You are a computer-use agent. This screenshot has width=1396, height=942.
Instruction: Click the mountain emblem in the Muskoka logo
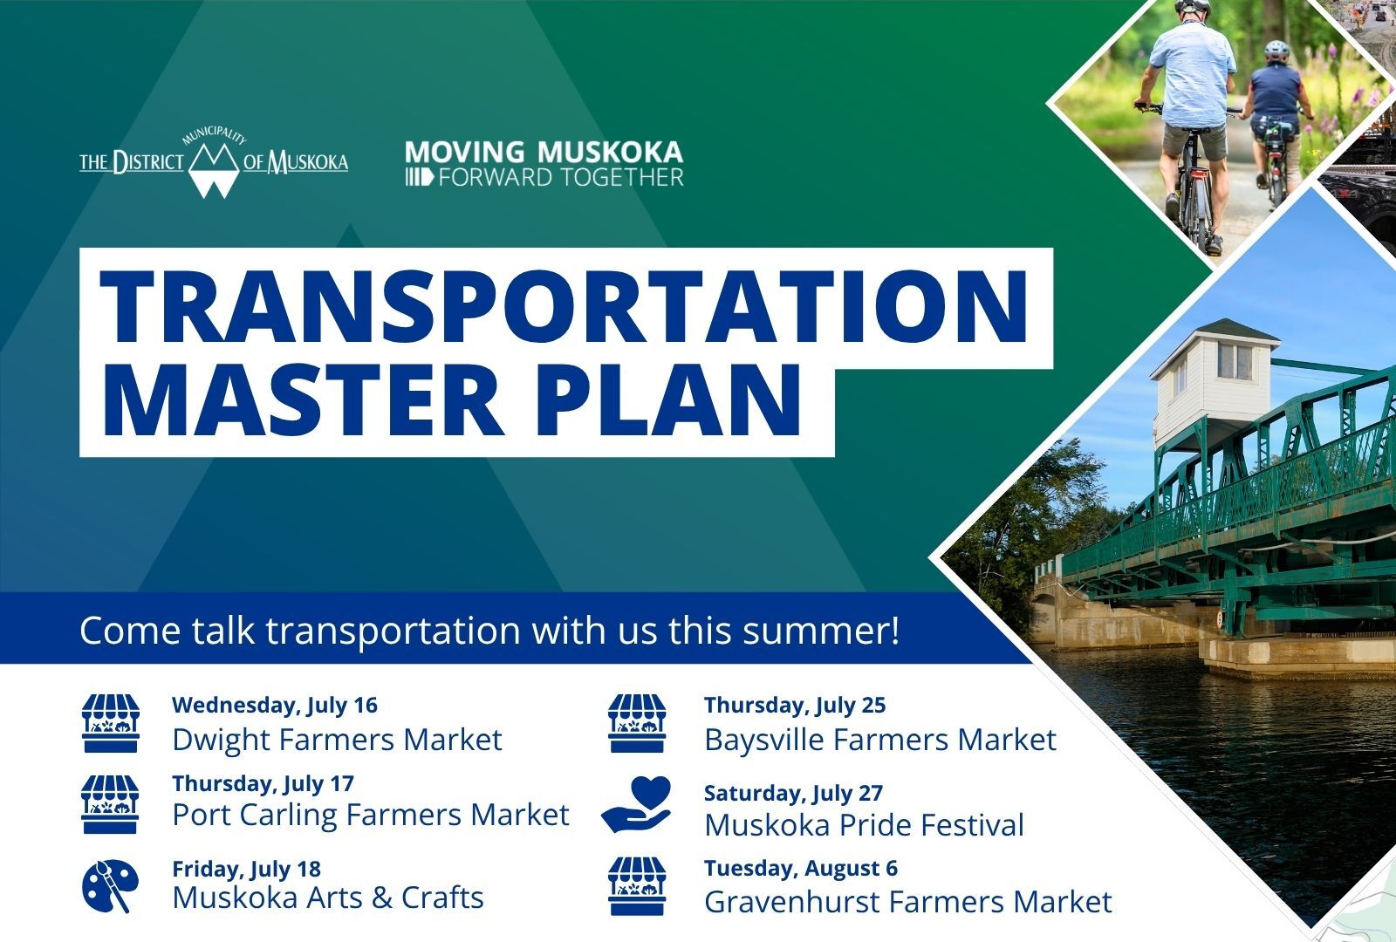213,170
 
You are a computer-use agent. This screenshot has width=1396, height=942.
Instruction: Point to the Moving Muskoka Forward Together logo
544,163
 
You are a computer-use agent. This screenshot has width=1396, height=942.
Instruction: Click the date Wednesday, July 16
275,706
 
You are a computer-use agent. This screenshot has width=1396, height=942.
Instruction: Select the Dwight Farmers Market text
337,741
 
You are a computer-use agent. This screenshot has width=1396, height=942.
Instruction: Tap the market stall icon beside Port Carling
110,804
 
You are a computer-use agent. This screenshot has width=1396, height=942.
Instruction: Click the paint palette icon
110,886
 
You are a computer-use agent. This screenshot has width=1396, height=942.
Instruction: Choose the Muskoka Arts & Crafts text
328,898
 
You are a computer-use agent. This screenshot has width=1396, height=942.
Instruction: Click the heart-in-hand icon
636,804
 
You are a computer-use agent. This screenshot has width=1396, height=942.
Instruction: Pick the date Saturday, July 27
793,794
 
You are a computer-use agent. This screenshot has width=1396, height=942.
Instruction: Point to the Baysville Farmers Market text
880,741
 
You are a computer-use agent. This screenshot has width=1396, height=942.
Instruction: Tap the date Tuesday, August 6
801,869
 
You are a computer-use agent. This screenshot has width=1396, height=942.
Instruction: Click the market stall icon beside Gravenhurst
637,886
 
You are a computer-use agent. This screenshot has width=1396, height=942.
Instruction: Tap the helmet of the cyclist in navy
1276,50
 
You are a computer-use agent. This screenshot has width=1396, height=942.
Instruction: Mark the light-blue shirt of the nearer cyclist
1192,76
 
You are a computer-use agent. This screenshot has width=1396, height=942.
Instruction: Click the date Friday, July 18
247,869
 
